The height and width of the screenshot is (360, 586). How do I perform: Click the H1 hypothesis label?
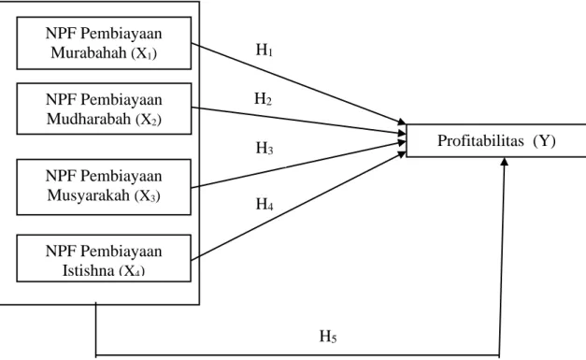tap(264, 50)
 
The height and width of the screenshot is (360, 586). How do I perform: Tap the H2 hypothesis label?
tap(264, 99)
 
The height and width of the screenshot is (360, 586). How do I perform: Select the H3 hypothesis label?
tap(264, 149)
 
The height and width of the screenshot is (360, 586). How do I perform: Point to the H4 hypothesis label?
tap(264, 205)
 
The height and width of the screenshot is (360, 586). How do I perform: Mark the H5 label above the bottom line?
tap(328, 337)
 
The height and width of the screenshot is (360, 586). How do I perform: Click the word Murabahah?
tap(89, 52)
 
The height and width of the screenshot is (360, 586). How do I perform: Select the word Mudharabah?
tap(89, 119)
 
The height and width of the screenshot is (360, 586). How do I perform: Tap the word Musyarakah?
tap(89, 195)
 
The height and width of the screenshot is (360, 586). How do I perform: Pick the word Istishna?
tap(88, 270)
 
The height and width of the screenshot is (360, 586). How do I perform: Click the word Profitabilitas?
tap(480, 141)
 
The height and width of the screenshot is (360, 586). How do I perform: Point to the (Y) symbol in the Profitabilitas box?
tap(545, 141)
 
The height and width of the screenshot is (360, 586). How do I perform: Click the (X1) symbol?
tap(144, 53)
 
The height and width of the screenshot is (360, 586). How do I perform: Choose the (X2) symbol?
tap(149, 120)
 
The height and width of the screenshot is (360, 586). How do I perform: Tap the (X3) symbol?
tap(148, 195)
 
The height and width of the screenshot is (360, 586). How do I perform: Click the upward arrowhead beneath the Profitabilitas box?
tap(505, 161)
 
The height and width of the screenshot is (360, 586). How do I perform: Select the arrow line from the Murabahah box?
tap(298, 83)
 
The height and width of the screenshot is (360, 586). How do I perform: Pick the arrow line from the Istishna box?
tap(298, 206)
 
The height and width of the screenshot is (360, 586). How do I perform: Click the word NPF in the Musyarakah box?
tap(62, 176)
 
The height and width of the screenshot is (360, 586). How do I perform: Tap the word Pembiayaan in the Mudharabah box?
tap(121, 100)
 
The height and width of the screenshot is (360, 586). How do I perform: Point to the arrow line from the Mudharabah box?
tap(298, 121)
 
